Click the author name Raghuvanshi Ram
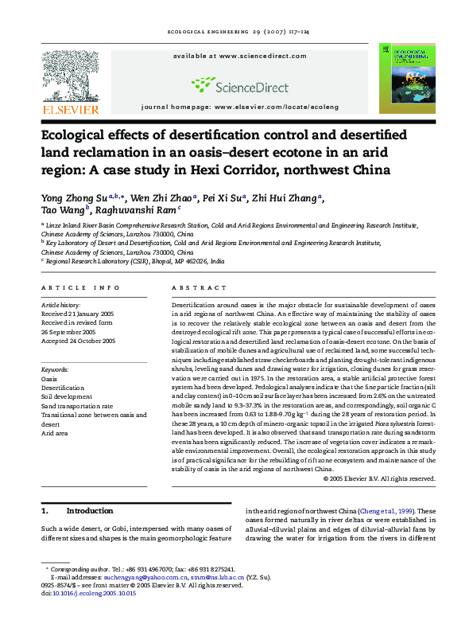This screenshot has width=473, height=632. (139, 210)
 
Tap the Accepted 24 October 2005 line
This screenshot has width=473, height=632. (79, 340)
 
